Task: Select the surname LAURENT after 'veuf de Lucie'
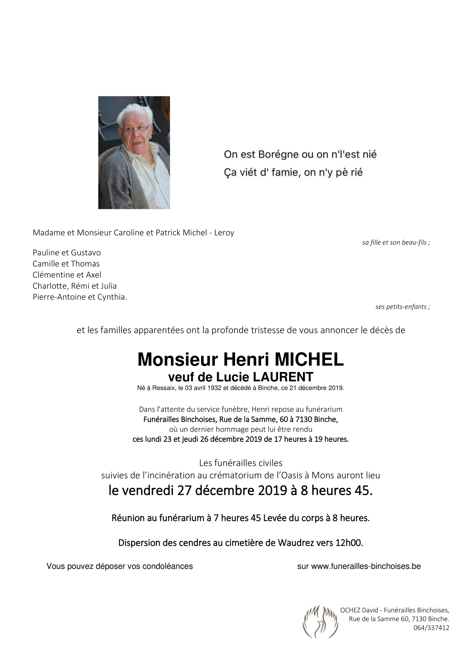coord(283,377)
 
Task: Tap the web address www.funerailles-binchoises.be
coord(366,566)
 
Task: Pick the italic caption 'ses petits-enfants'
coord(402,307)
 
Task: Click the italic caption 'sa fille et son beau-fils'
coord(395,242)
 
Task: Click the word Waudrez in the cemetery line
coord(294,543)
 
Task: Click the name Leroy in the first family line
coord(225,232)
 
